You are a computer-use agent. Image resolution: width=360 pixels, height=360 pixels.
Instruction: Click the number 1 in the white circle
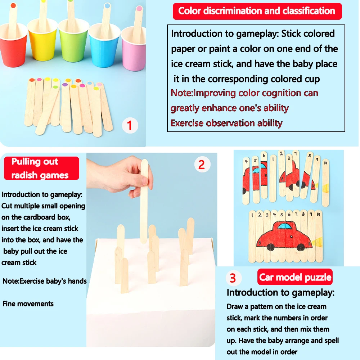(x=130, y=126)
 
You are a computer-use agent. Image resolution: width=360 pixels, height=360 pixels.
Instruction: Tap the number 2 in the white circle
(x=202, y=165)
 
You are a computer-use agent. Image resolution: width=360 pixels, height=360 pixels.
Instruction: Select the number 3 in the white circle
(x=233, y=278)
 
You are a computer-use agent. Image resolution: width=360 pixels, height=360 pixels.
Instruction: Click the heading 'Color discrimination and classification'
(x=257, y=11)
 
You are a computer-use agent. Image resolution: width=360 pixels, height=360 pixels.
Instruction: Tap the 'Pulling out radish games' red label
(x=41, y=168)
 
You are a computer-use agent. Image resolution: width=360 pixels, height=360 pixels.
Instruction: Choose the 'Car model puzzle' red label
(x=295, y=277)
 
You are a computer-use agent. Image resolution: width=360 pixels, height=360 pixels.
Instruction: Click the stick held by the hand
(x=144, y=202)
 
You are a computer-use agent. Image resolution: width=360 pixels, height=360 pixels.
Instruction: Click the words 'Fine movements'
(x=28, y=303)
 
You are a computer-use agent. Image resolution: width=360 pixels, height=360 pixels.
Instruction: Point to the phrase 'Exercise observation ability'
(x=226, y=123)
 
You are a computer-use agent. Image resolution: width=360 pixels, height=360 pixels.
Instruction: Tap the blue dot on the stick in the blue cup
(x=107, y=6)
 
